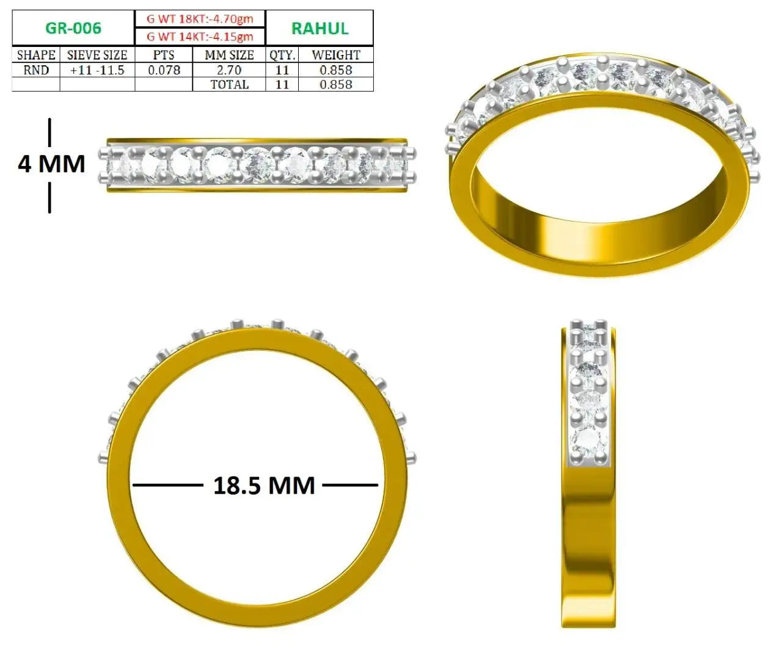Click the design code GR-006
click(x=73, y=28)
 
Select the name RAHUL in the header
click(x=320, y=29)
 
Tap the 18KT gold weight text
click(x=200, y=19)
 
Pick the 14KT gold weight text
click(x=200, y=37)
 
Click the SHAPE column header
click(x=36, y=55)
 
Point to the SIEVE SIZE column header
click(x=97, y=55)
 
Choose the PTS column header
click(x=164, y=55)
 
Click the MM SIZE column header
click(x=229, y=55)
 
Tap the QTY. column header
click(x=282, y=56)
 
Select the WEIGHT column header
click(x=336, y=55)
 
